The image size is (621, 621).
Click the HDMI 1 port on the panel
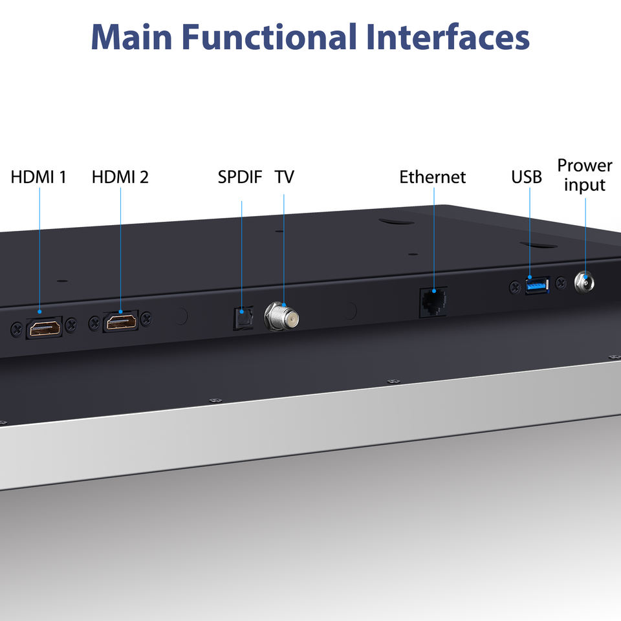[x=45, y=328]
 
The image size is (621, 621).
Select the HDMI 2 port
[x=121, y=321]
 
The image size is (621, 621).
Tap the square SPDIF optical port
[x=243, y=318]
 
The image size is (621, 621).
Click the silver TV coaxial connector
[x=281, y=316]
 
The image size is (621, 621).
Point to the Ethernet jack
[x=433, y=302]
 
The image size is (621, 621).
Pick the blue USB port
[x=537, y=285]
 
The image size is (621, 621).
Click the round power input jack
[x=585, y=283]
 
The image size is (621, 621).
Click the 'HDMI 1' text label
[x=38, y=177]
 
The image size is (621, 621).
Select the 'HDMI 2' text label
[x=120, y=177]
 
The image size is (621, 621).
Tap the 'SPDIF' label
[x=240, y=177]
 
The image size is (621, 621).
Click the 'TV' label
[x=285, y=177]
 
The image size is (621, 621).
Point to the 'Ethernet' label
[x=433, y=177]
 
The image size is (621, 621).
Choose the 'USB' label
[x=527, y=177]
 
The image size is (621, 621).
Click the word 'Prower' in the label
[x=585, y=166]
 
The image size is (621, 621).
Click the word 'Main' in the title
[x=131, y=37]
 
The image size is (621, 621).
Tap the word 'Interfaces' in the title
[x=448, y=37]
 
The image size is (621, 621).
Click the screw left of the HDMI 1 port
[x=16, y=329]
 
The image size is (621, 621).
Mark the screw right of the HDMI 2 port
[x=146, y=318]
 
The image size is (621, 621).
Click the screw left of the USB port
[x=514, y=287]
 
